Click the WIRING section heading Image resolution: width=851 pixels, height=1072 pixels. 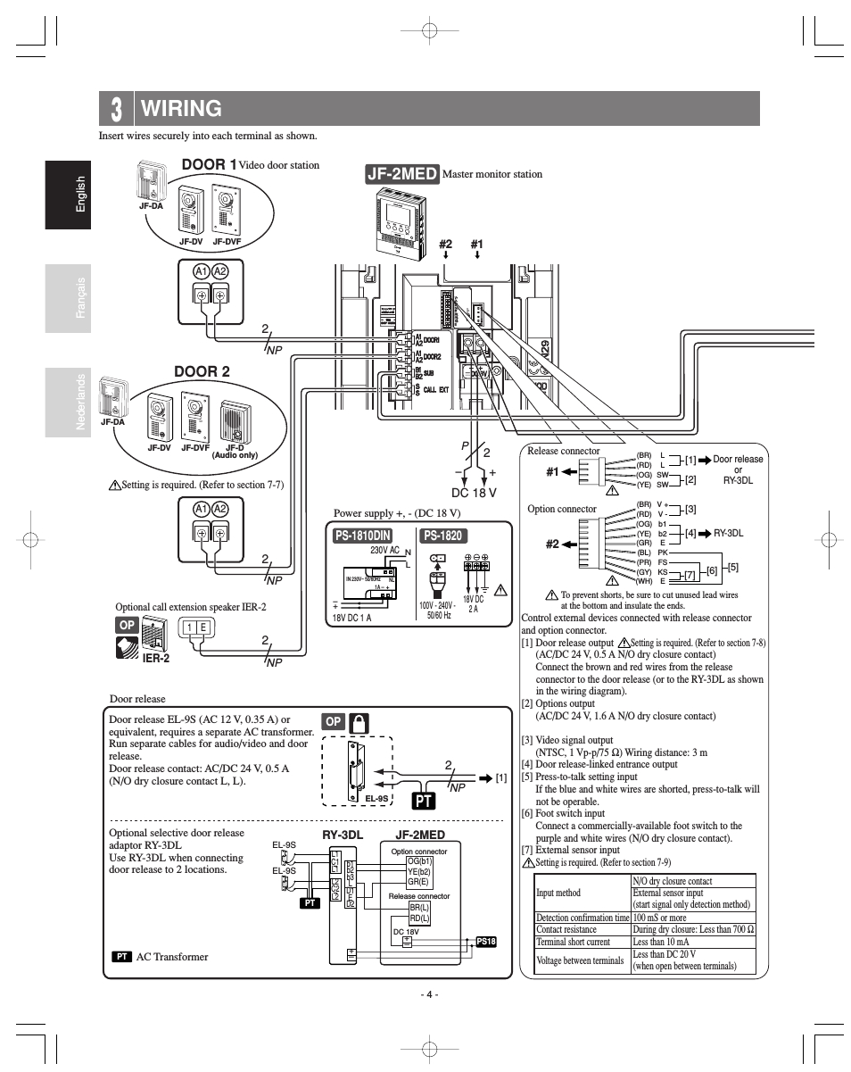[x=181, y=109]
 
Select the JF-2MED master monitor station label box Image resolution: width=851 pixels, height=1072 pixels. [x=401, y=173]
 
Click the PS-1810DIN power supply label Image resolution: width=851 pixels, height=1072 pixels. [x=363, y=536]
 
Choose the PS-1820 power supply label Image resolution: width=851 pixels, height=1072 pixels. [x=442, y=536]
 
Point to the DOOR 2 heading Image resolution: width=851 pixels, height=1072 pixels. [x=202, y=371]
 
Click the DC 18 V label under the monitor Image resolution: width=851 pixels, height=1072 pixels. [x=474, y=492]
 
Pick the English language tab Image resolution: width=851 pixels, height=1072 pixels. [x=80, y=194]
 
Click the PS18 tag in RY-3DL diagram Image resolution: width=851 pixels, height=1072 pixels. [x=486, y=941]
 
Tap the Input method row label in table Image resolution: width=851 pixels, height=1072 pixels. [x=559, y=893]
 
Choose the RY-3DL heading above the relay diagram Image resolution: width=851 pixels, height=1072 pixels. [x=343, y=835]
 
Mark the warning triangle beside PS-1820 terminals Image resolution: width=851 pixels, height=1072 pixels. [x=500, y=589]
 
